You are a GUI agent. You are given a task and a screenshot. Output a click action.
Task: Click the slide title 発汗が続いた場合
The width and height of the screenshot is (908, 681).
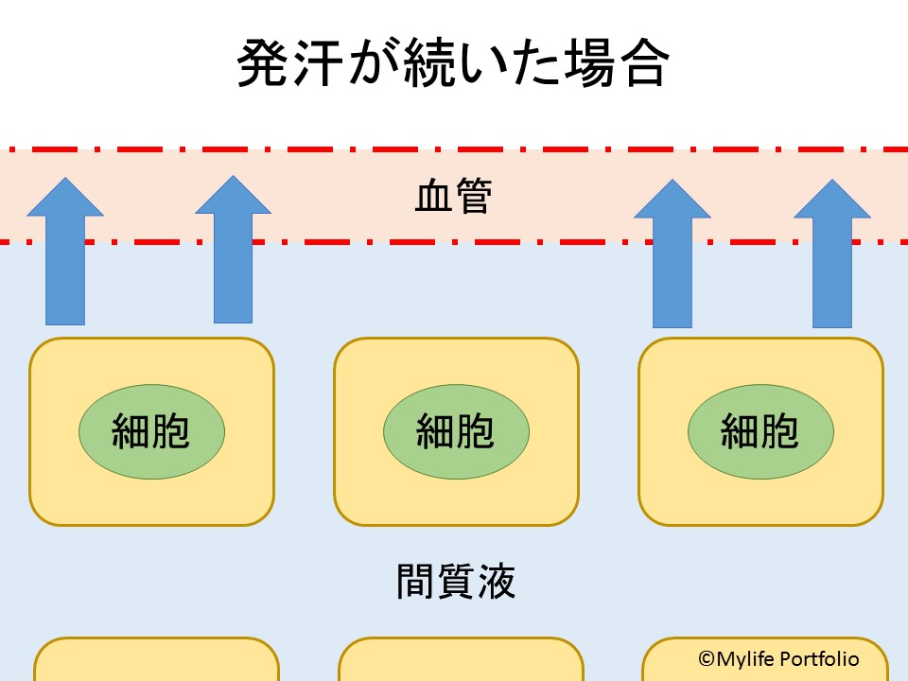pos(453,64)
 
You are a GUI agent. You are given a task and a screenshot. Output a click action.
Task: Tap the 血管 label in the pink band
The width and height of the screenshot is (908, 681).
pos(453,198)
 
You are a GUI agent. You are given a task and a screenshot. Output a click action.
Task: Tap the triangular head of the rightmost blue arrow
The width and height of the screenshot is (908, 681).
pos(832,202)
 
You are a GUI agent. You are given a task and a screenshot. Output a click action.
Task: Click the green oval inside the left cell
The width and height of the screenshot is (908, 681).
pos(151,432)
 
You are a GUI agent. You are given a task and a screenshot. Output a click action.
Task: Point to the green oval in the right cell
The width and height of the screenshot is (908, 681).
pos(760,432)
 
